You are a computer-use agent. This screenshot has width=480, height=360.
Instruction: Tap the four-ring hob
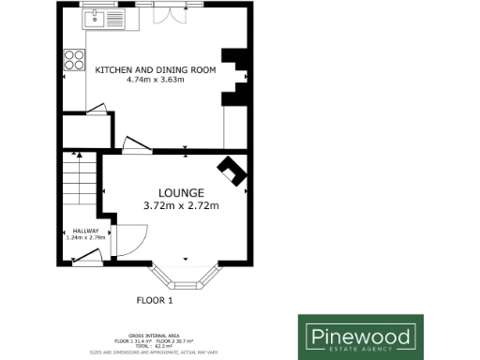pyautogui.click(x=72, y=62)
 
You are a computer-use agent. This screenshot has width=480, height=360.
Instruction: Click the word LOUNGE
pyautogui.click(x=181, y=193)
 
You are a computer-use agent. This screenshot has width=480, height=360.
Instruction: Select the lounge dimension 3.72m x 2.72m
pyautogui.click(x=181, y=206)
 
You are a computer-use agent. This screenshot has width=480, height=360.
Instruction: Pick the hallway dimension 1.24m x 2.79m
pyautogui.click(x=85, y=238)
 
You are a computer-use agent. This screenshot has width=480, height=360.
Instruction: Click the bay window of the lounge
pyautogui.click(x=185, y=277)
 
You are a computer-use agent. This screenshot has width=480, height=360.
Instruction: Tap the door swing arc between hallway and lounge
pyautogui.click(x=131, y=239)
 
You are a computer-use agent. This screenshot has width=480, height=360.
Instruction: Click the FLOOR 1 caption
pyautogui.click(x=155, y=301)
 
